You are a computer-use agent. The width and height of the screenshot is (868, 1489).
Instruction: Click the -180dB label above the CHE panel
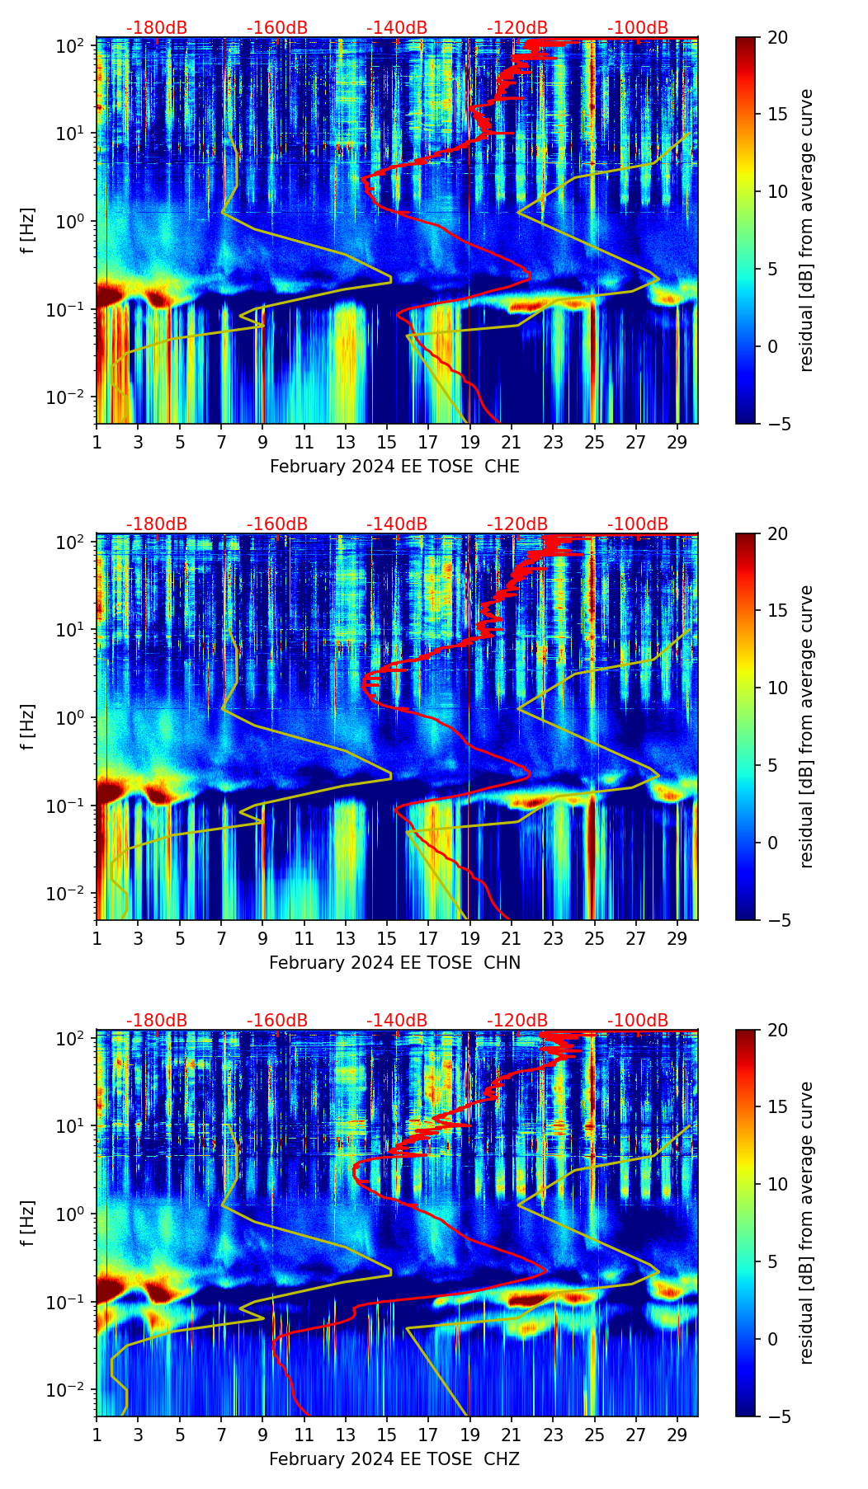(157, 28)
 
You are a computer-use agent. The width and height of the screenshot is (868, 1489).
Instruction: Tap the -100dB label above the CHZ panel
(638, 1021)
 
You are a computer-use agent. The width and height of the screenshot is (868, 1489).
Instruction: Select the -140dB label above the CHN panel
(397, 524)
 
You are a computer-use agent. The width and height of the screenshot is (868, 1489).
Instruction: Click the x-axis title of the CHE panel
(394, 467)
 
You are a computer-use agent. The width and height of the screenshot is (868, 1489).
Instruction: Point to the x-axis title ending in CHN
(394, 963)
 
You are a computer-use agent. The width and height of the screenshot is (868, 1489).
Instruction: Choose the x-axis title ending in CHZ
(394, 1459)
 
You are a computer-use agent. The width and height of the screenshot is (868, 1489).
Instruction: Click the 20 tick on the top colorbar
(776, 37)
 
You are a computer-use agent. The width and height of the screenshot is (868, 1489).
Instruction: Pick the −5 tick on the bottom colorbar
(776, 1416)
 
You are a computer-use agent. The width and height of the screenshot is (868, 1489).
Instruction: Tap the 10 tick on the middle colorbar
(776, 688)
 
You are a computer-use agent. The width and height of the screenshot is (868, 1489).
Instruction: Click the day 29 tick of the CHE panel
(677, 442)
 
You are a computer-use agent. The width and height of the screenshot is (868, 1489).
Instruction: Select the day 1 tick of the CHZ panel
(97, 1435)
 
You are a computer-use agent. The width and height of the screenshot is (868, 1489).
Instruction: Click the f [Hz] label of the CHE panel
(29, 231)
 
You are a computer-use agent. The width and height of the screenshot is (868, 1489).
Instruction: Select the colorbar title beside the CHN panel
(807, 726)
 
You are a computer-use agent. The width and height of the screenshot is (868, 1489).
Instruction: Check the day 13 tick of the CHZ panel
(345, 1435)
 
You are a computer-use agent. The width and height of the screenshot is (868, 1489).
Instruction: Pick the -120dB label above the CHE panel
(517, 28)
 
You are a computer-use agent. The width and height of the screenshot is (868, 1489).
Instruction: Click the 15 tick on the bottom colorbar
(776, 1106)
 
